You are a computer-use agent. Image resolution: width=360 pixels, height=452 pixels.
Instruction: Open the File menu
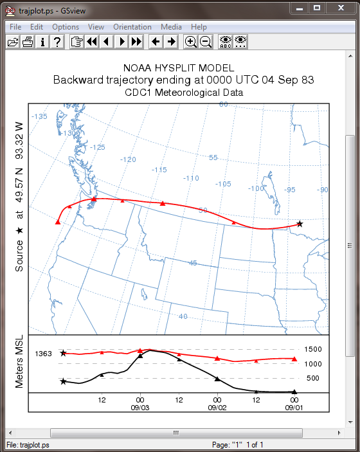[15, 27]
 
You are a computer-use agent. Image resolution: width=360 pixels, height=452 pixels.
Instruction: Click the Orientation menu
[132, 27]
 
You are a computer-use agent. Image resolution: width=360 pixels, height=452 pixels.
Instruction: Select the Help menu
[199, 27]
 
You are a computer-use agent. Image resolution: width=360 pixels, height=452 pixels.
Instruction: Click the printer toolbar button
[28, 42]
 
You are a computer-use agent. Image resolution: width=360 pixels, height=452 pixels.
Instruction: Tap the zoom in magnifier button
[190, 42]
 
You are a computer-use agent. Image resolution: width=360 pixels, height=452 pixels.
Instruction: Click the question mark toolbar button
[57, 42]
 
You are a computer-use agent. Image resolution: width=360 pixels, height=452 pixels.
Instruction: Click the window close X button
[341, 8]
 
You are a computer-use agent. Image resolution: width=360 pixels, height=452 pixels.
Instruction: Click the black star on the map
[300, 224]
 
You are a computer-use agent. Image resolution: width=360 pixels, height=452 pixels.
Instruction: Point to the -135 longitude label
[39, 116]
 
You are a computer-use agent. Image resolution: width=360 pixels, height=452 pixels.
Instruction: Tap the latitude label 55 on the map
[213, 158]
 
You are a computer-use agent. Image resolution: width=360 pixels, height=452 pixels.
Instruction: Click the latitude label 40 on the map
[183, 316]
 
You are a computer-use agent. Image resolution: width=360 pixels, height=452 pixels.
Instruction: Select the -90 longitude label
[322, 190]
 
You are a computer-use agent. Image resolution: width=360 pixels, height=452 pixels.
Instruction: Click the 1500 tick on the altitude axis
[313, 349]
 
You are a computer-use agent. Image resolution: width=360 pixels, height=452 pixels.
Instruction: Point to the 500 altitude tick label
[312, 378]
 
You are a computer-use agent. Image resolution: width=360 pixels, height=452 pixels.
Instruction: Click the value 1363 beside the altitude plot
[43, 354]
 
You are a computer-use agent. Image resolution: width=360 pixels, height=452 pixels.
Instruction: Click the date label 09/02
[217, 408]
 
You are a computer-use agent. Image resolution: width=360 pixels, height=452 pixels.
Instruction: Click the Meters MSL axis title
[19, 361]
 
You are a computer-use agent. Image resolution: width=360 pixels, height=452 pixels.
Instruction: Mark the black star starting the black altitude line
[63, 382]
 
